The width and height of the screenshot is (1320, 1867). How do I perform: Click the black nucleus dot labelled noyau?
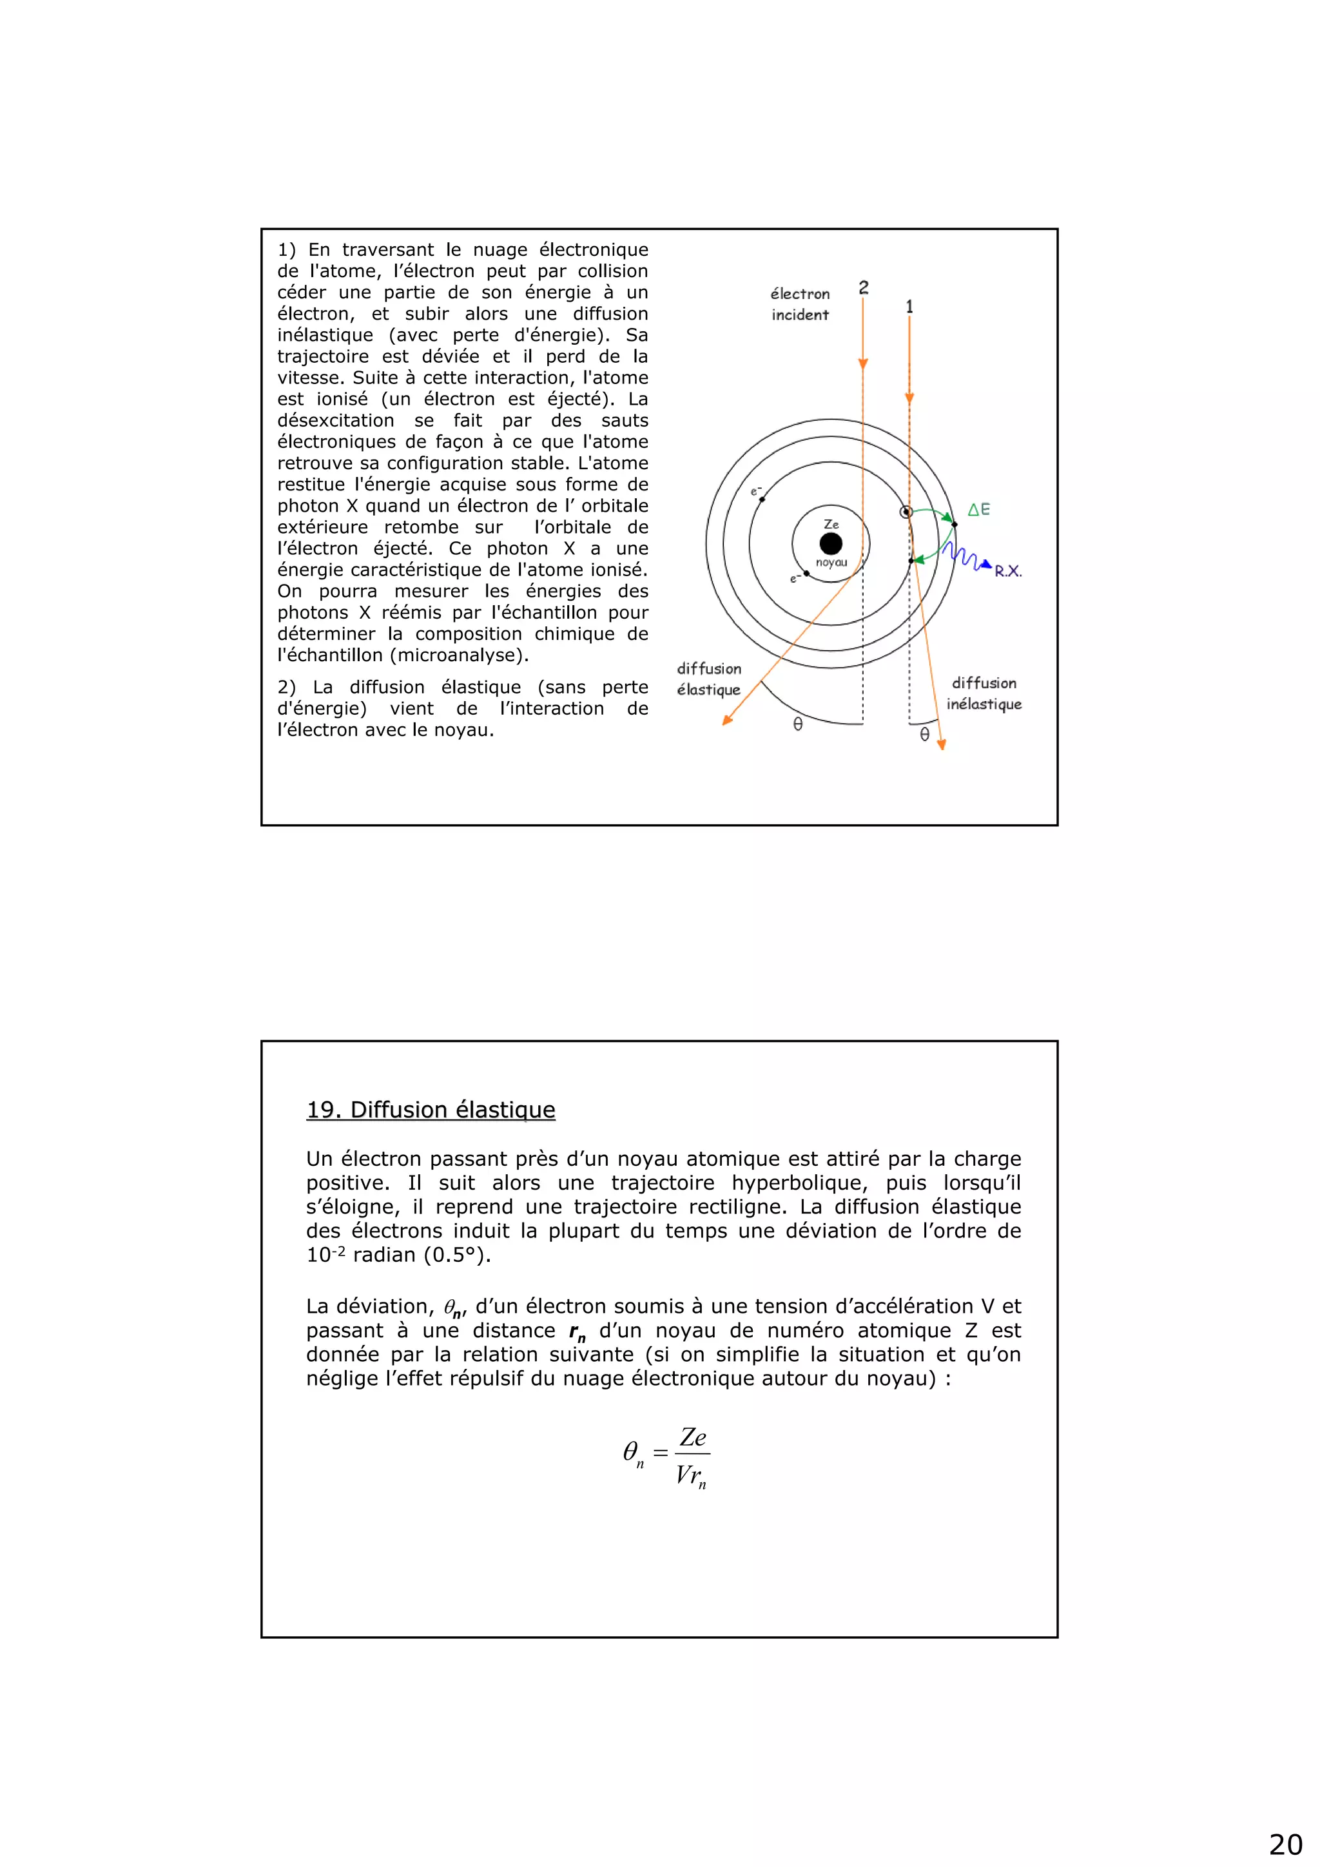click(x=830, y=543)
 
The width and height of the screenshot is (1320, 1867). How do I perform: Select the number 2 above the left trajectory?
click(x=864, y=288)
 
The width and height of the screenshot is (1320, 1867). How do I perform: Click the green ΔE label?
click(x=978, y=510)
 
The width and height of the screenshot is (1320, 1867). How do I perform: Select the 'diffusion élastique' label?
click(x=709, y=679)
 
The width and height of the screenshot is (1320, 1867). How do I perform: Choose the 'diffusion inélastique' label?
click(x=984, y=693)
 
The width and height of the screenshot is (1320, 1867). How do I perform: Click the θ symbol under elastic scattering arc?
click(x=798, y=724)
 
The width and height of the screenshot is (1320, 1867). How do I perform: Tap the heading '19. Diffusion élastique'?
click(x=431, y=1109)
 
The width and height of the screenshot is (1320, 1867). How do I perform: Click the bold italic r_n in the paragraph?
click(x=577, y=1331)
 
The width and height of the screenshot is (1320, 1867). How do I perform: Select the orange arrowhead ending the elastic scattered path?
click(x=727, y=719)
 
